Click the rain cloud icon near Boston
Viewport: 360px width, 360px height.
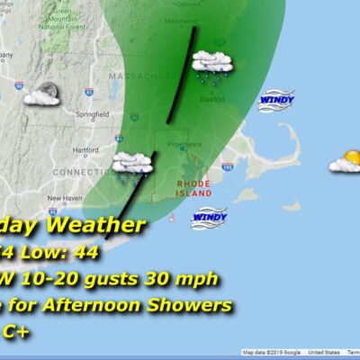(213, 65)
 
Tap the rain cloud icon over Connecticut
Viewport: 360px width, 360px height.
(131, 165)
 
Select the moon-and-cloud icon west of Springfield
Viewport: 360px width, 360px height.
(42, 94)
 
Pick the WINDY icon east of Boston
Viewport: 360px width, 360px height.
(276, 100)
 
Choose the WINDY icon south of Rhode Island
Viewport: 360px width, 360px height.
(209, 217)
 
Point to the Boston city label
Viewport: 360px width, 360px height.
(212, 99)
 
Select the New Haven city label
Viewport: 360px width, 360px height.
(65, 198)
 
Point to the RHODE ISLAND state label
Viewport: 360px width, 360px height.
(193, 188)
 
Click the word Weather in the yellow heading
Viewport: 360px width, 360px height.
(98, 225)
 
